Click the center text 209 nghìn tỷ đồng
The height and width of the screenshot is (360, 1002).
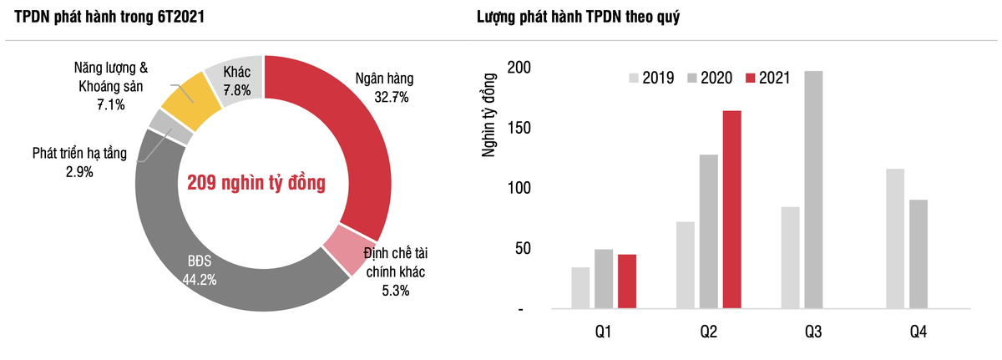click(256, 182)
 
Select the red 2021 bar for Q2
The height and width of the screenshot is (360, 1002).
click(731, 210)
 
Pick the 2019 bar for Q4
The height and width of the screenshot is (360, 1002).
click(894, 239)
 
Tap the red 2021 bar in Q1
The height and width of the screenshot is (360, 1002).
click(627, 281)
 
